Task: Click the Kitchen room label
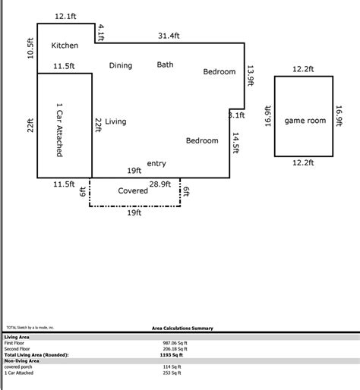tap(65, 46)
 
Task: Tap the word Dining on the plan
tap(120, 66)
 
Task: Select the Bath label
tap(165, 65)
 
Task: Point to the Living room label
tap(115, 121)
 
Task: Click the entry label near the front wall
tap(156, 163)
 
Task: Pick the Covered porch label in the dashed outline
tap(133, 191)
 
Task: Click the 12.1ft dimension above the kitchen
tap(66, 16)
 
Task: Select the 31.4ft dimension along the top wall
tap(169, 36)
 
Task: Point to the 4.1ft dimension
tap(101, 32)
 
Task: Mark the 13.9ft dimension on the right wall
tap(251, 77)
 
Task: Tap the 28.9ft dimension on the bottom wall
tap(159, 184)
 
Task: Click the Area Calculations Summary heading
tap(182, 329)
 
